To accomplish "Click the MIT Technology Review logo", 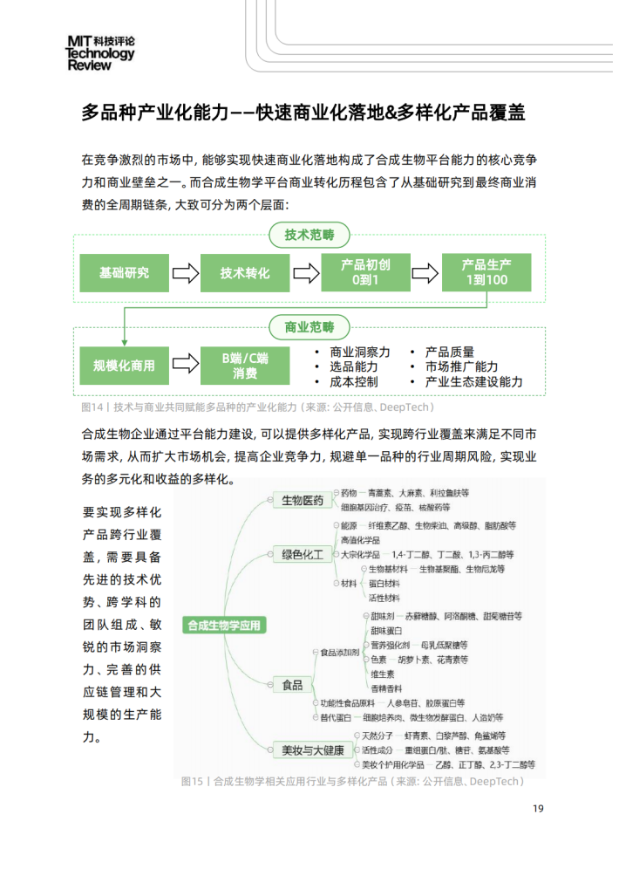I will point(101,52).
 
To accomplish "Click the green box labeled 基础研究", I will point(124,273).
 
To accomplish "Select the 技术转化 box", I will point(245,273).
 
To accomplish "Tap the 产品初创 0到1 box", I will point(365,273).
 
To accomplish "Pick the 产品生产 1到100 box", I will point(486,273).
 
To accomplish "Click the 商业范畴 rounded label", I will point(309,328).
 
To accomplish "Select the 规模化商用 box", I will point(124,366).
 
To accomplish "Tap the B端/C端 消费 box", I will point(245,366).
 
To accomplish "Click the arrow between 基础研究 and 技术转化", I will point(185,273).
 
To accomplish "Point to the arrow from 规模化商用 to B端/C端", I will point(185,366).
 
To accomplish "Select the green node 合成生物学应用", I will point(223,625).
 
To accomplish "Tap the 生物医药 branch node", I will point(303,501).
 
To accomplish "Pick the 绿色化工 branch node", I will point(303,554).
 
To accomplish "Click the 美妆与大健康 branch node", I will point(312,749).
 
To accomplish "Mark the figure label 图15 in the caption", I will point(191,781).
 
